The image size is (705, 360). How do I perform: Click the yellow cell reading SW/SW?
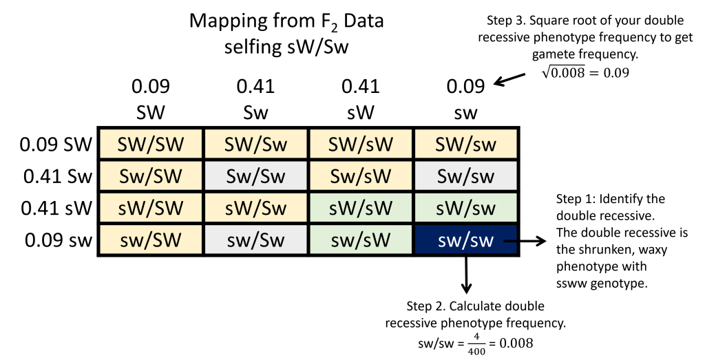pyautogui.click(x=151, y=144)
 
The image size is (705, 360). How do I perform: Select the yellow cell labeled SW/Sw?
pyautogui.click(x=255, y=144)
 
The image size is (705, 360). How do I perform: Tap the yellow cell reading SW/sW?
pyautogui.click(x=361, y=144)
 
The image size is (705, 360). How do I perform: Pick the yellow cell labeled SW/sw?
pyautogui.click(x=465, y=144)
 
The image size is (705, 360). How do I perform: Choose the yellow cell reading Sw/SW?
pyautogui.click(x=151, y=176)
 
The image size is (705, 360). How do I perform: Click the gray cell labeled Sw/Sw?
pyautogui.click(x=255, y=176)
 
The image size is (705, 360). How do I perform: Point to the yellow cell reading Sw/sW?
pyautogui.click(x=361, y=176)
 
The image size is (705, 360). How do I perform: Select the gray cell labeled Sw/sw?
pyautogui.click(x=465, y=176)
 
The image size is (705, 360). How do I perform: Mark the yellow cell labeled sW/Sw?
pyautogui.click(x=255, y=207)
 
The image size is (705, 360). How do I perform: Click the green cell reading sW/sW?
pyautogui.click(x=361, y=207)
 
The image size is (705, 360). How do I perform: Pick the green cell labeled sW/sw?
pyautogui.click(x=465, y=207)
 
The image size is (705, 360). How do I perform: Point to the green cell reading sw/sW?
pyautogui.click(x=361, y=240)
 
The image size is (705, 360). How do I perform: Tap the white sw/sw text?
pyautogui.click(x=465, y=241)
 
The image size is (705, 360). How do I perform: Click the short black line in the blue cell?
pyautogui.click(x=509, y=241)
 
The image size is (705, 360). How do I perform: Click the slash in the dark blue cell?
pyautogui.click(x=465, y=241)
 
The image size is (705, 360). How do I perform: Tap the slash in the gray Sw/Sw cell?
pyautogui.click(x=255, y=176)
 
